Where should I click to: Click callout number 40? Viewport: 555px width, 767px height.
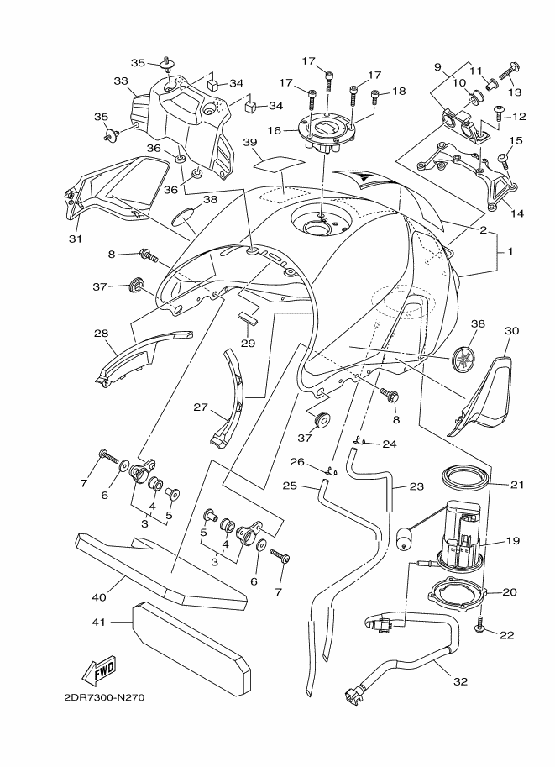pos(100,598)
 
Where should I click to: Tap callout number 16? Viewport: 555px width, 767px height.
pos(274,131)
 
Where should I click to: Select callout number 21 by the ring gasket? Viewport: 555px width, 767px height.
pos(516,484)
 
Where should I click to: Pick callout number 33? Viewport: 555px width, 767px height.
pos(120,81)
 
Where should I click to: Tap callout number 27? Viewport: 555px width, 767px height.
pos(200,407)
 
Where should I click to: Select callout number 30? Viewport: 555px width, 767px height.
pos(511,331)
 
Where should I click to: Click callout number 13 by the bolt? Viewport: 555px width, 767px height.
pos(516,92)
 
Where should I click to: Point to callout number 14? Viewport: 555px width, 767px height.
pos(516,213)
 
